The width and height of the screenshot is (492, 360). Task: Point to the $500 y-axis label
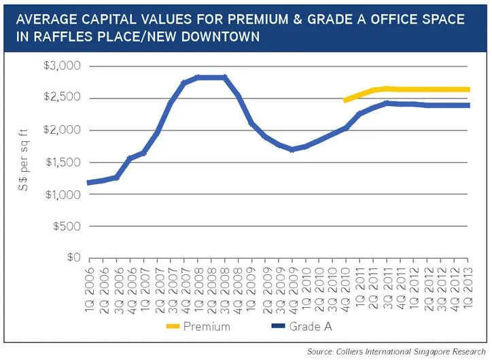(68, 226)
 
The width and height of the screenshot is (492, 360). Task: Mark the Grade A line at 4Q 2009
(292, 149)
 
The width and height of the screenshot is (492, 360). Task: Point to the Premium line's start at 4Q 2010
(346, 100)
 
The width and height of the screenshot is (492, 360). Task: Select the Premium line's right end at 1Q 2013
(468, 89)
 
